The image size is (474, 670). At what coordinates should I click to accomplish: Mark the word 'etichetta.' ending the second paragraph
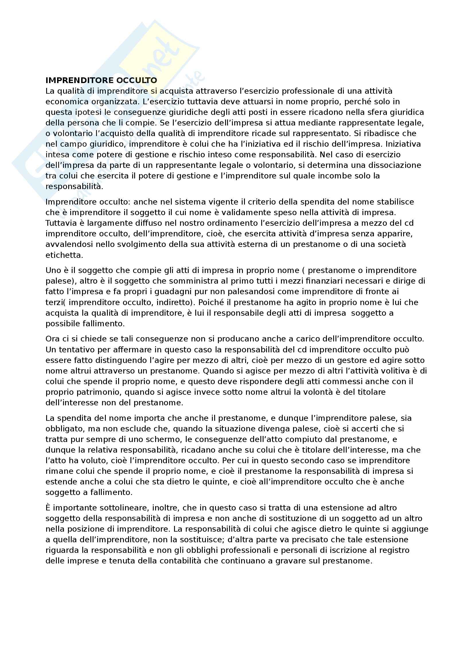[x=64, y=255]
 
